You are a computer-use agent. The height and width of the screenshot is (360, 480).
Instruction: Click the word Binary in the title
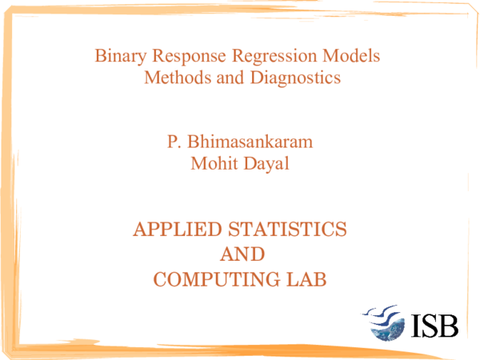pos(120,57)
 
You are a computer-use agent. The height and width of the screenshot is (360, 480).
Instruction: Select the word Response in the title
pos(189,57)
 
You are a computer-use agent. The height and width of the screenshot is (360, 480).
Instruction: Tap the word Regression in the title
pos(274,57)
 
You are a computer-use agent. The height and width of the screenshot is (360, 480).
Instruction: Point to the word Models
pos(351,56)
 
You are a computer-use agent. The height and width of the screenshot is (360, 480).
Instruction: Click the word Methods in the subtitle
pos(178,77)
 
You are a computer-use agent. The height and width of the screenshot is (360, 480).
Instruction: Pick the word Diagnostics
pos(295,78)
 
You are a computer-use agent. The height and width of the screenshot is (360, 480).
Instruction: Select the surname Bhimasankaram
pos(250,142)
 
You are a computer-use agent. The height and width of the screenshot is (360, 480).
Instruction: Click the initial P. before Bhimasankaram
pos(174,142)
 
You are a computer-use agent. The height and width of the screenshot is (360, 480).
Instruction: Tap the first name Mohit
pos(214,163)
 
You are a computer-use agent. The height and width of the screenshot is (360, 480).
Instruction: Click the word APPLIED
pos(178,230)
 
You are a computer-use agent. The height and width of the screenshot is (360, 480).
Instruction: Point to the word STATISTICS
pos(287,230)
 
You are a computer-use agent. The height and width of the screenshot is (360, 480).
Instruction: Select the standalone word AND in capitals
pos(242,254)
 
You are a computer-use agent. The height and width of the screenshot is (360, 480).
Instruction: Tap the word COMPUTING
pos(217,279)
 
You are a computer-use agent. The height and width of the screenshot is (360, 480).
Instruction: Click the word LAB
pos(306,279)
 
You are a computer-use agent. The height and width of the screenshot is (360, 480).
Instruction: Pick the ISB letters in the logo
pos(434,326)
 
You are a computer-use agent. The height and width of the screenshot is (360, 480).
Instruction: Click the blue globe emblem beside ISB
pos(387,330)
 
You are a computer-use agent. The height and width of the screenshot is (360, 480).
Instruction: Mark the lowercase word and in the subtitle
pos(230,77)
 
